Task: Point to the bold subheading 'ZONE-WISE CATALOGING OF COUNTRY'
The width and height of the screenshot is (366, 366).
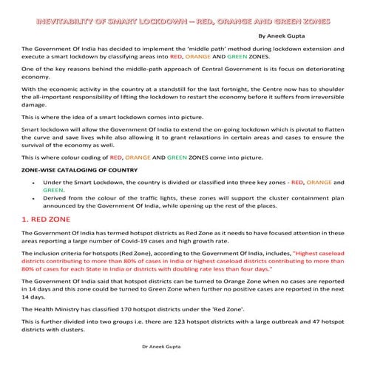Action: pyautogui.click(x=73, y=169)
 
